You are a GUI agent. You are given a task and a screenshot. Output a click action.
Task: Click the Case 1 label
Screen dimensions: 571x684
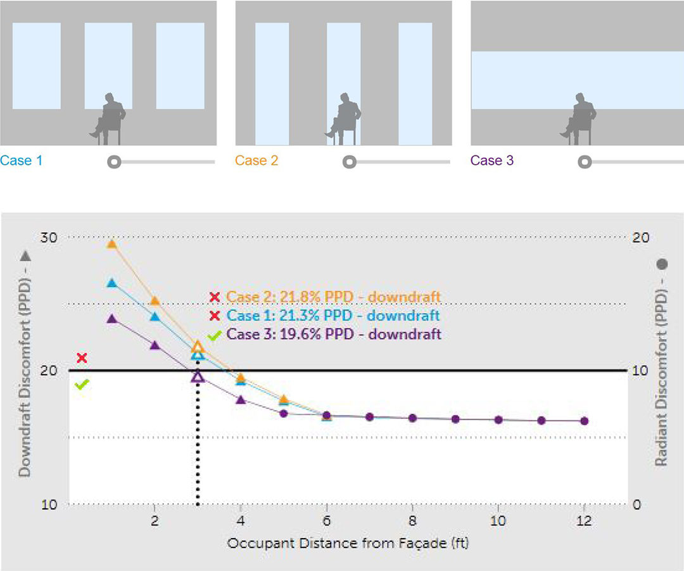(22, 161)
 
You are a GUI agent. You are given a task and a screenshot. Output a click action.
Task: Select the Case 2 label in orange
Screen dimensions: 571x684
(256, 161)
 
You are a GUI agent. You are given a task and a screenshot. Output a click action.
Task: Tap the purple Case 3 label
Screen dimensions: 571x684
(492, 161)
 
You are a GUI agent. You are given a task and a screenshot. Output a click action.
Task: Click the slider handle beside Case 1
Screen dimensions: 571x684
(114, 162)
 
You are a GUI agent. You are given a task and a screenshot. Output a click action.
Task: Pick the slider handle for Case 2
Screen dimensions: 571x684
(349, 162)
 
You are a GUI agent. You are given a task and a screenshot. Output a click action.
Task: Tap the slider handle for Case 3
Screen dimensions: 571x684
(585, 162)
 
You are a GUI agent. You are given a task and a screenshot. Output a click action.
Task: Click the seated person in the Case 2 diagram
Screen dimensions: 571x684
(344, 119)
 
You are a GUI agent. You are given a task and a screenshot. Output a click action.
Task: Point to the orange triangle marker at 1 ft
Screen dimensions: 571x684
(112, 243)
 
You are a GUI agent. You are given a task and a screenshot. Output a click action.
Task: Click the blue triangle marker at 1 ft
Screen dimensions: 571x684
(112, 283)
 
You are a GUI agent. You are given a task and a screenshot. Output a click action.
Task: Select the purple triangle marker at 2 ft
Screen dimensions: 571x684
(155, 345)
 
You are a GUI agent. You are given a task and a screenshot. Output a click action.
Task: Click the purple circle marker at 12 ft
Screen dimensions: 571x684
(584, 421)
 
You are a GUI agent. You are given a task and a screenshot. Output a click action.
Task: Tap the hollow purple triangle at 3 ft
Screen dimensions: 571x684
(198, 376)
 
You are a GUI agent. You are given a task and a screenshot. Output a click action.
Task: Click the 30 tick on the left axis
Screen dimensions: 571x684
(49, 237)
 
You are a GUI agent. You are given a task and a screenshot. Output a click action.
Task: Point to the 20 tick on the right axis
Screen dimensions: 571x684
(640, 237)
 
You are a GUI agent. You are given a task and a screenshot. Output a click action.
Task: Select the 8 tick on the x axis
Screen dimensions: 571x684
(412, 521)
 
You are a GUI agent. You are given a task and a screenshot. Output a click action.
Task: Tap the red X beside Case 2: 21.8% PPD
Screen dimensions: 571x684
(215, 297)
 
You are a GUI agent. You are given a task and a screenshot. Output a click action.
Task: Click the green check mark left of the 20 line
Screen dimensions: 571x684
(82, 384)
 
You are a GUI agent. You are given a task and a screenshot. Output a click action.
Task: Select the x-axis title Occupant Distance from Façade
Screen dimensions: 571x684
(348, 544)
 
